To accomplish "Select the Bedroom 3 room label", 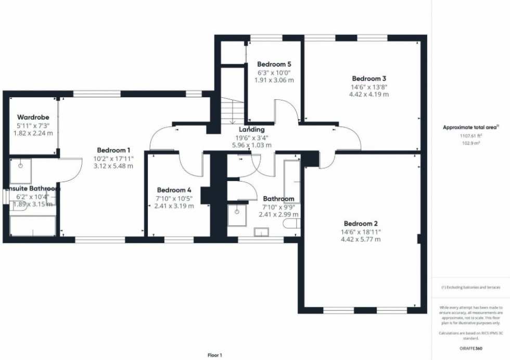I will click(x=368, y=79).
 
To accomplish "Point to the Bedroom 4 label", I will click(x=174, y=190).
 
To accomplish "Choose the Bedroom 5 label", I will click(x=274, y=64).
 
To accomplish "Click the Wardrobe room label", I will click(x=33, y=117).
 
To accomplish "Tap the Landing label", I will click(x=252, y=130).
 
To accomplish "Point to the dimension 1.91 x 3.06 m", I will click(x=274, y=81).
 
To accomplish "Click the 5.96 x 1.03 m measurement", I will click(x=252, y=145).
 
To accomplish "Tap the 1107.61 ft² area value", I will click(x=470, y=135).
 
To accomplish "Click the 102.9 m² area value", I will click(x=470, y=142).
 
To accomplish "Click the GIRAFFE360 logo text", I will click(x=470, y=346).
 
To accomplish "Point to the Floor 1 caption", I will click(x=214, y=355).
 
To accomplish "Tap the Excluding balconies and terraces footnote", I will click(x=470, y=287).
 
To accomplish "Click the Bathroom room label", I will click(x=278, y=199).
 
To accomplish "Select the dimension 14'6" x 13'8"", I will click(x=368, y=87).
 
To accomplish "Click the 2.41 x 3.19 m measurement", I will click(x=174, y=206).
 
